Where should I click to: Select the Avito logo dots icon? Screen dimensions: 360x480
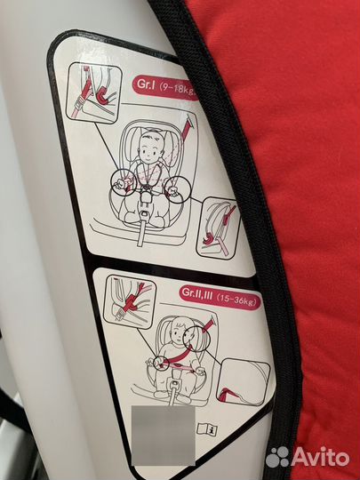coord(277,457)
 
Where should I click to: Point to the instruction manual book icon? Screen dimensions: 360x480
coord(207,429)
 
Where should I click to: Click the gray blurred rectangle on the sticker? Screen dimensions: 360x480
coord(164,436)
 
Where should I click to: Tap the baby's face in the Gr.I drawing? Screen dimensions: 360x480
coord(150,148)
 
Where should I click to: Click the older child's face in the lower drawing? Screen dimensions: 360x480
coord(178,330)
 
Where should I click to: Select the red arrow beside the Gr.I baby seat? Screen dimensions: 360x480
coord(187,127)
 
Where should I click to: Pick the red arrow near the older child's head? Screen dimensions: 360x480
coord(210,325)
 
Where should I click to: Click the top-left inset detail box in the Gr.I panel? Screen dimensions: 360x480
coord(94,93)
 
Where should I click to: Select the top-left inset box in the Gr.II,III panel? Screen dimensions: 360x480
coord(130,301)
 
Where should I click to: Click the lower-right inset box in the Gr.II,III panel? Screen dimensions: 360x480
coord(244,381)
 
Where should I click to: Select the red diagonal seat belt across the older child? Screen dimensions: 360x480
coord(179,357)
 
